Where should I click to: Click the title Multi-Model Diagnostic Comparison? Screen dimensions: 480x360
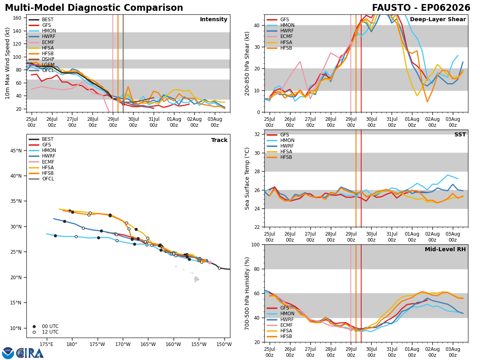click(x=94, y=8)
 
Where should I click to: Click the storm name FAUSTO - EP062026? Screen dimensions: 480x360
click(x=421, y=8)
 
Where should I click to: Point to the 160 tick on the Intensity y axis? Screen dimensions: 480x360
click(x=17, y=18)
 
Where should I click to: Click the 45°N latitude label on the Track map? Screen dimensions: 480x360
click(x=16, y=151)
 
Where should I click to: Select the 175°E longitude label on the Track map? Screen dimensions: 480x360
click(x=46, y=345)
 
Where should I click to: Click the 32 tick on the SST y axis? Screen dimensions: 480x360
click(x=257, y=134)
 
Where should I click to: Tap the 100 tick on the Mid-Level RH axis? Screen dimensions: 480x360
click(x=256, y=245)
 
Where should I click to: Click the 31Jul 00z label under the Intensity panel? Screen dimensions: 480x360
click(x=154, y=122)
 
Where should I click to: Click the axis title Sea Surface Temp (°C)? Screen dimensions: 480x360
click(x=247, y=179)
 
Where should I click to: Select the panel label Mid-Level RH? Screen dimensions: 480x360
click(x=445, y=249)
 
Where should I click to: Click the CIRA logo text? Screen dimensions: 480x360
click(x=30, y=353)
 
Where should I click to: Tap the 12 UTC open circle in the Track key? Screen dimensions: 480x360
click(x=34, y=332)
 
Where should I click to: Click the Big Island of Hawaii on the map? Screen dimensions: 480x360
click(x=196, y=279)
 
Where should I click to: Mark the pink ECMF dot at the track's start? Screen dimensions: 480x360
click(x=210, y=263)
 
